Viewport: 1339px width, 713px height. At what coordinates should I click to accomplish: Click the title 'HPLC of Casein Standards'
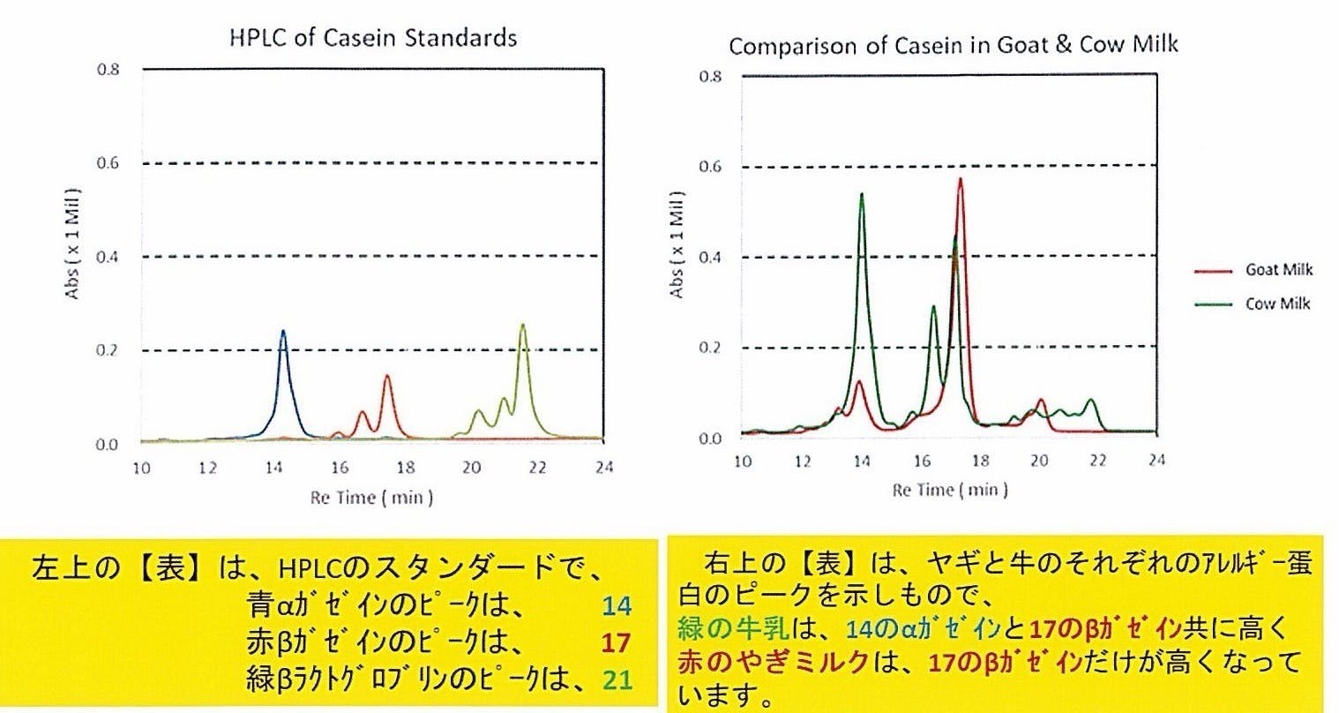[x=372, y=38]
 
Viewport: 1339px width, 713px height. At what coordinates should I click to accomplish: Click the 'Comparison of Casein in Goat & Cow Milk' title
[x=953, y=46]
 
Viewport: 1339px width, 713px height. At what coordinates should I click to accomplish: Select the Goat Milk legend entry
[x=1278, y=270]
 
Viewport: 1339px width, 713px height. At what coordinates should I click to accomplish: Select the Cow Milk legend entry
[x=1277, y=304]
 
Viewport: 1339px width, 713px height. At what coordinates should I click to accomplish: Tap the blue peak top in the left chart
[x=283, y=332]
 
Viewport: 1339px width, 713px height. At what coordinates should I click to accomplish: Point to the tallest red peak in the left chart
[x=386, y=377]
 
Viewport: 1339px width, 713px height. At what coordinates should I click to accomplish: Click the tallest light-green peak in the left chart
[x=523, y=326]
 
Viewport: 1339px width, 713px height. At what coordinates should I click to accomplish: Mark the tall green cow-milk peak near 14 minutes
[x=861, y=195]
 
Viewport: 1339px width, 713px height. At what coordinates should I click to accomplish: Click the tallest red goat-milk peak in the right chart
[x=960, y=180]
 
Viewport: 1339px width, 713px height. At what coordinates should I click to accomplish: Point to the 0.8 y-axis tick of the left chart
[x=108, y=70]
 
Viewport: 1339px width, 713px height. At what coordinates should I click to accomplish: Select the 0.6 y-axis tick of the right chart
[x=711, y=167]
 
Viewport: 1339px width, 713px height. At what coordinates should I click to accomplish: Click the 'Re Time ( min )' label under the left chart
[x=371, y=498]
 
